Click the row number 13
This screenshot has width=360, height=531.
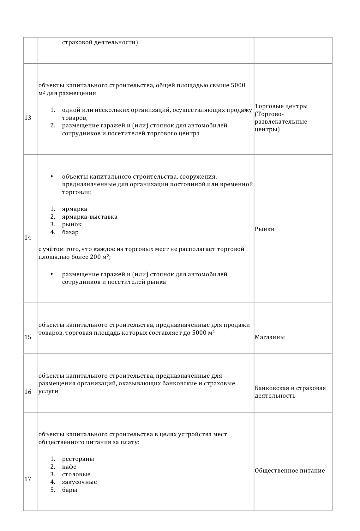(28, 118)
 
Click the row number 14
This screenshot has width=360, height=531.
(28, 238)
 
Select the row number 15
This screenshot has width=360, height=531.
(28, 337)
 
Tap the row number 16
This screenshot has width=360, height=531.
(28, 392)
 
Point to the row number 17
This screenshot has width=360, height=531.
(28, 479)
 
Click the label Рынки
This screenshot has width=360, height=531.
(265, 229)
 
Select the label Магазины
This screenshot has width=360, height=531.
(270, 337)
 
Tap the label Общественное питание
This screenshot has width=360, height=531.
(290, 471)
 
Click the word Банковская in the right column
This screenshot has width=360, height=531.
(272, 388)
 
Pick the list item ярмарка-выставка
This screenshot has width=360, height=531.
(90, 217)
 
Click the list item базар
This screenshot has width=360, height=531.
(70, 232)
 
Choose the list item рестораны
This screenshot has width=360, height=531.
(78, 459)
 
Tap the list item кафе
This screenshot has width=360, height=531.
(69, 467)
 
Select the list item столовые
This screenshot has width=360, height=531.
(76, 474)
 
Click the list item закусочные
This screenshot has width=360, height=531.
(80, 482)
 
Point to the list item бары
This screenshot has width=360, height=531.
(70, 490)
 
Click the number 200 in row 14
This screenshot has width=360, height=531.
(95, 257)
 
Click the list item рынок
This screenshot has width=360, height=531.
(72, 224)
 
